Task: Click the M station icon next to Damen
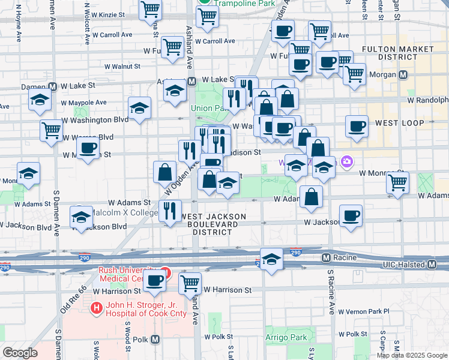[x=53, y=86]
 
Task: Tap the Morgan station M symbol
[x=403, y=75]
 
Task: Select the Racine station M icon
[x=327, y=257]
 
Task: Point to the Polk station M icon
[x=155, y=340]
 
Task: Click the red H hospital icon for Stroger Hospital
[x=95, y=308]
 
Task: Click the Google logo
[x=20, y=353]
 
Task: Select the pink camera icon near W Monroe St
[x=346, y=161]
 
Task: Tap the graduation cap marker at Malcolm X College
[x=81, y=218]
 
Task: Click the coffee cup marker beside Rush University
[x=155, y=279]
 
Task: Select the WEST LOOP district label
[x=399, y=123]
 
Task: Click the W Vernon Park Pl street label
[x=364, y=311]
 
